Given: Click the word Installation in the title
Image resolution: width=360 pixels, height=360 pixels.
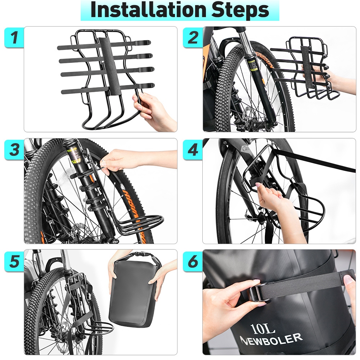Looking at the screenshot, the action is (x=148, y=10).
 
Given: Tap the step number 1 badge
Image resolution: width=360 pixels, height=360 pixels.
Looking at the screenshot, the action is (x=14, y=37).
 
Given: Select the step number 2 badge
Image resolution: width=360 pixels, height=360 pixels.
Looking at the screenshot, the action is (x=193, y=37).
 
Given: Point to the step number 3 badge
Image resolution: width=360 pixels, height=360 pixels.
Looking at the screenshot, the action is (x=14, y=150).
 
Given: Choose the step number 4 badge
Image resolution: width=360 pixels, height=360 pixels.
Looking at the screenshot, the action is (x=193, y=150).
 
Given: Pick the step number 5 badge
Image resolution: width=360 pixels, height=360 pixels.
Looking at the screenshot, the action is (x=14, y=261).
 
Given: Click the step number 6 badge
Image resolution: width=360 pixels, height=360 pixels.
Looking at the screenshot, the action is (x=193, y=261).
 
